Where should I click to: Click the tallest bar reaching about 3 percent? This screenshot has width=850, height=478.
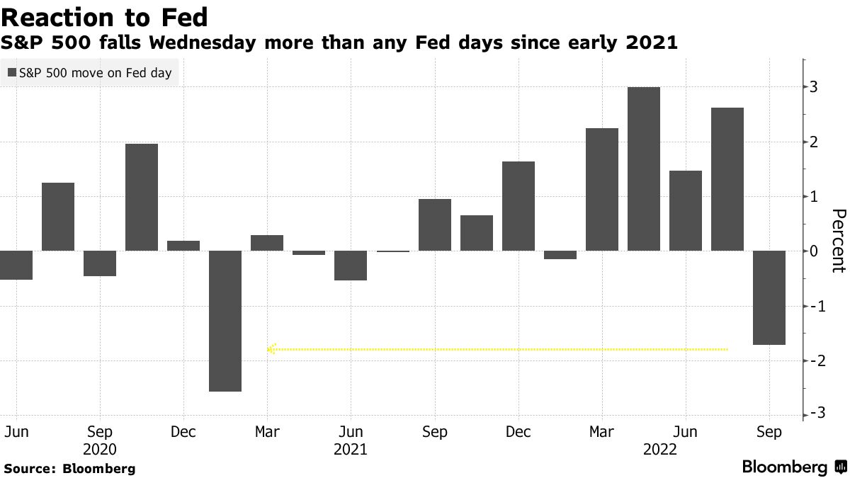tap(643, 169)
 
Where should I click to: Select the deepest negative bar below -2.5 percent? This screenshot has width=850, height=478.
tap(225, 321)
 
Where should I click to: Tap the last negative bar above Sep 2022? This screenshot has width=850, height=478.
tap(769, 297)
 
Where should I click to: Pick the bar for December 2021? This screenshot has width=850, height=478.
tap(518, 206)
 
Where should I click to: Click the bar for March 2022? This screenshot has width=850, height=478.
tap(601, 189)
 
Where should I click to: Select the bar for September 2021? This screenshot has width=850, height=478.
tap(434, 224)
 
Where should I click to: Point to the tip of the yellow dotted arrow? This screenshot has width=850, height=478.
tap(268, 349)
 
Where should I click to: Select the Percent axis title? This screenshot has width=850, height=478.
tap(838, 241)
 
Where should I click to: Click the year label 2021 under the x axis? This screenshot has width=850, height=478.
tap(350, 450)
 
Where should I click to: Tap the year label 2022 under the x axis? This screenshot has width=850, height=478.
tap(659, 450)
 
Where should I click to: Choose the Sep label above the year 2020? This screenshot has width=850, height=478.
tap(100, 432)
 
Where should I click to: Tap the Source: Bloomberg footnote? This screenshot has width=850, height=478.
tap(69, 468)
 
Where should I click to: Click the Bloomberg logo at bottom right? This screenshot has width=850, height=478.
tap(793, 467)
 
